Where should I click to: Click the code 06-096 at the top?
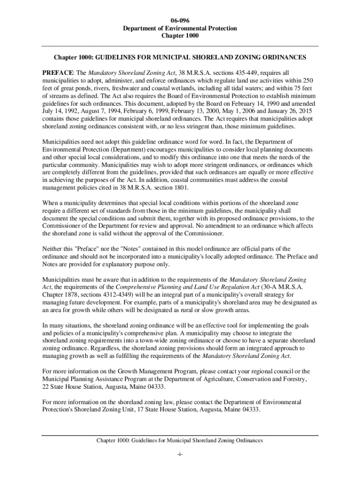pyautogui.click(x=180, y=21)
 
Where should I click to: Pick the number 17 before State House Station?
pyautogui.click(x=143, y=409)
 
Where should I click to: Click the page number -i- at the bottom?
pyautogui.click(x=180, y=455)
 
